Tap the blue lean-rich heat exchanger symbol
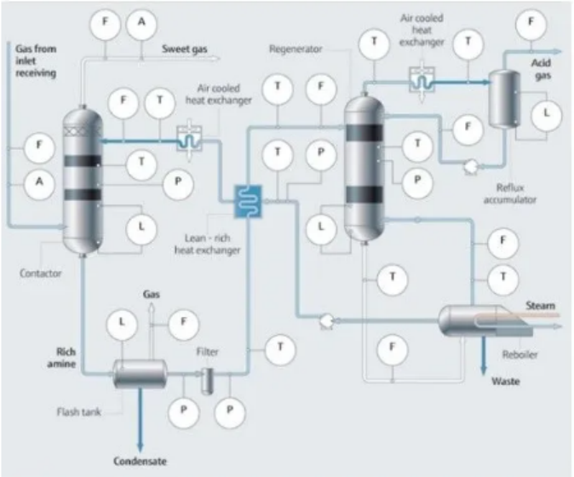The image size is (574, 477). pyautogui.click(x=248, y=200)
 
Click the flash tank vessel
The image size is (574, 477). pyautogui.click(x=140, y=372)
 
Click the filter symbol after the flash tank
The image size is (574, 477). pyautogui.click(x=206, y=379)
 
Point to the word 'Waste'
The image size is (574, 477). pyautogui.click(x=506, y=381)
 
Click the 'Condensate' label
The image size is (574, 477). pyautogui.click(x=141, y=461)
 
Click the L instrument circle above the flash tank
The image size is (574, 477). pyautogui.click(x=121, y=324)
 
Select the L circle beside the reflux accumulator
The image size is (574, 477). pyautogui.click(x=545, y=112)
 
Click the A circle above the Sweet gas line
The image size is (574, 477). pyautogui.click(x=141, y=26)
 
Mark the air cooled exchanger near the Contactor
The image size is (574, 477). pyautogui.click(x=187, y=139)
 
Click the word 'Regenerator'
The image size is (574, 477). pyautogui.click(x=296, y=49)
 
